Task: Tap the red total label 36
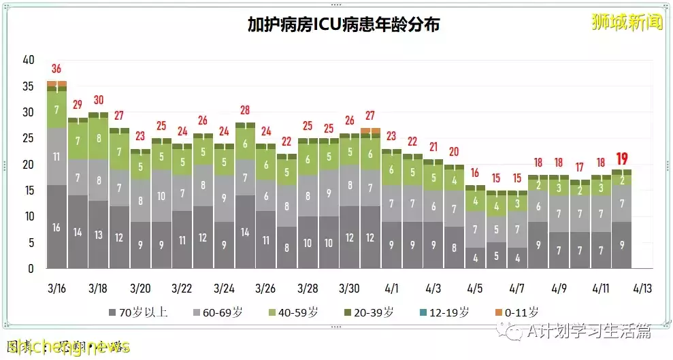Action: click(x=56, y=69)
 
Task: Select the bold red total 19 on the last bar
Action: click(x=621, y=159)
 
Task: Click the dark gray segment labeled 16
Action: click(x=56, y=227)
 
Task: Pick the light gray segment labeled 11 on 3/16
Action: click(x=56, y=157)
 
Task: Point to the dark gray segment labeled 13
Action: click(x=99, y=235)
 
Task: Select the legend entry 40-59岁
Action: click(x=293, y=312)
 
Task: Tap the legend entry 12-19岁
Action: click(x=444, y=312)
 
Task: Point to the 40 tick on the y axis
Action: click(x=28, y=60)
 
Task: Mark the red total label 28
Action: click(x=245, y=110)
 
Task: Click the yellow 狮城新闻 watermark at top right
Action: click(x=626, y=22)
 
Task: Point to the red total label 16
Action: click(x=475, y=173)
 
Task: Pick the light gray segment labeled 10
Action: click(x=161, y=196)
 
